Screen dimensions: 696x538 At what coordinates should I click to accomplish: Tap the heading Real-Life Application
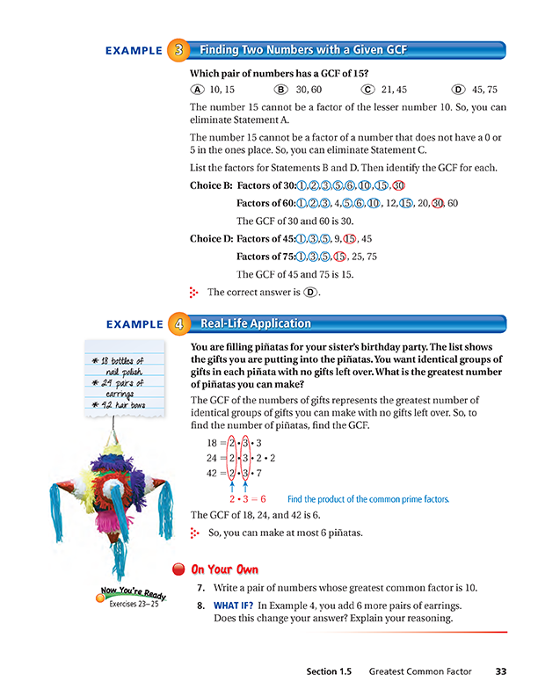click(256, 323)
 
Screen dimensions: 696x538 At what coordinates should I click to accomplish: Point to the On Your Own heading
click(227, 569)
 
